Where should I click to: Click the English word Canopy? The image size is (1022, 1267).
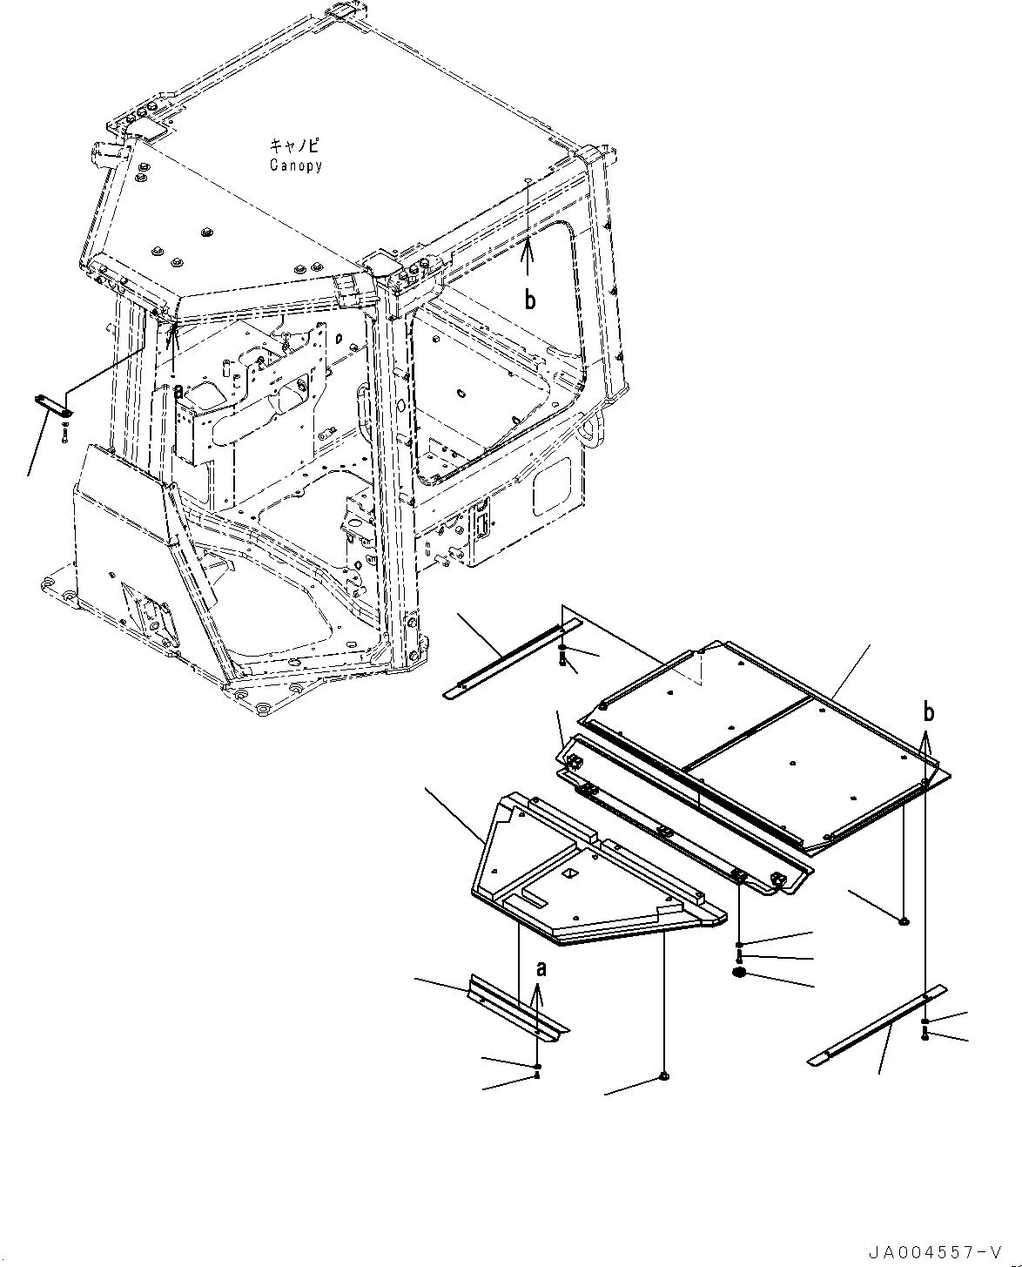tap(295, 165)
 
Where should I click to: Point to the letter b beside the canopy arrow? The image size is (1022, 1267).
tap(529, 300)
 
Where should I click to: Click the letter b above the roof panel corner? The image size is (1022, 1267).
tap(929, 712)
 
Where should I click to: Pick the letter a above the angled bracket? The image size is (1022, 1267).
tap(541, 968)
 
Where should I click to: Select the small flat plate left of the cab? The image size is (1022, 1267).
tap(54, 405)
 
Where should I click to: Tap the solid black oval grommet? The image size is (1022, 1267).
tap(740, 973)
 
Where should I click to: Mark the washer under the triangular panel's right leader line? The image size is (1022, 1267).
tap(664, 1077)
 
